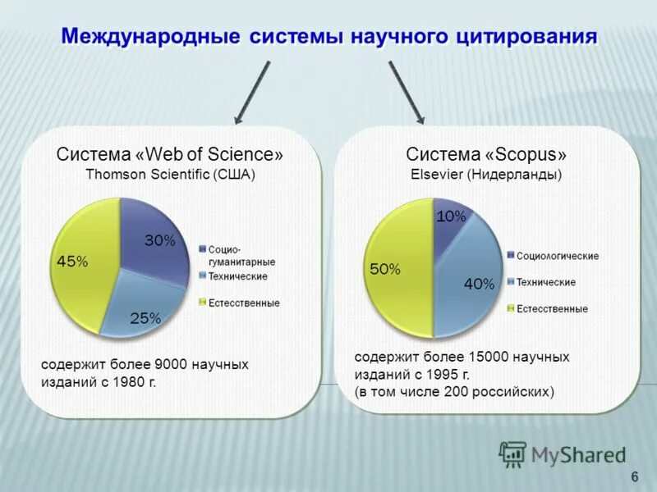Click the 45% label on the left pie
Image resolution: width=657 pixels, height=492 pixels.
(x=71, y=261)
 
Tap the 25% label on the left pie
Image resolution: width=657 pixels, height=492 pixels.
(x=145, y=319)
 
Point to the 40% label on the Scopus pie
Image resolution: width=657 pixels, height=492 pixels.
(x=479, y=284)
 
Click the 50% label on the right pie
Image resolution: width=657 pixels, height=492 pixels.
(x=384, y=269)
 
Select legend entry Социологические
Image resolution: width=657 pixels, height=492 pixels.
(x=558, y=256)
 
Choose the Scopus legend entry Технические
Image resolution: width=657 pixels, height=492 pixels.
(x=545, y=282)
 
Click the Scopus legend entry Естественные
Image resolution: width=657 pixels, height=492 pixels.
(x=551, y=309)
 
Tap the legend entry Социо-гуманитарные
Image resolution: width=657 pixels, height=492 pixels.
(x=241, y=255)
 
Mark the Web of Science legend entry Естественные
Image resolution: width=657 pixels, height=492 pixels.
(x=243, y=303)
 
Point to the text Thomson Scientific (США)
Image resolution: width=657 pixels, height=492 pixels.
(x=170, y=174)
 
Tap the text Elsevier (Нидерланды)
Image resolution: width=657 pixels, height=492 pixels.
(x=485, y=174)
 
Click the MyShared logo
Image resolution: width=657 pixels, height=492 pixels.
(x=562, y=453)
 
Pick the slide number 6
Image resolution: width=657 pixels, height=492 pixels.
(x=634, y=477)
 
